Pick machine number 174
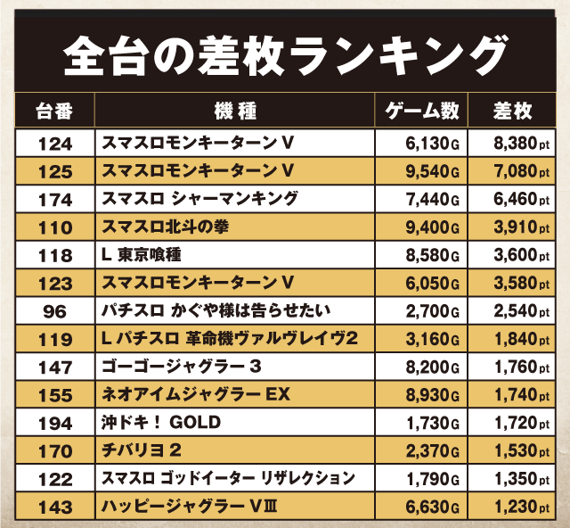(54, 199)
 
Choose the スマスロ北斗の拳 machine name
(166, 227)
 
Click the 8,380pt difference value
(520, 143)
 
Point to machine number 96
(54, 311)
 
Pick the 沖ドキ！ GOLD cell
(161, 423)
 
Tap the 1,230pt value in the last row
(520, 507)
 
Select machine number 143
(54, 507)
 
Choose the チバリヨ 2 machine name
(148, 451)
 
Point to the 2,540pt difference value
(520, 311)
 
